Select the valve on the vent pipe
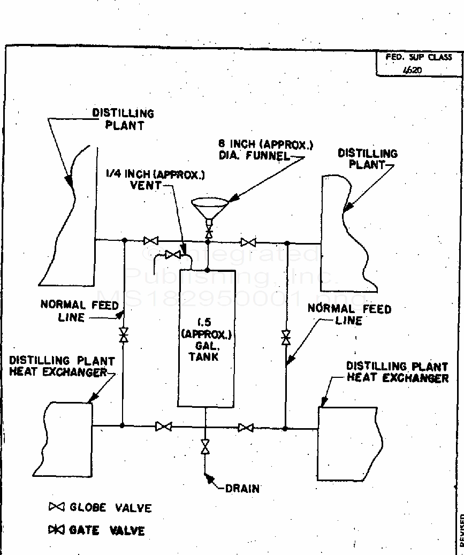click(x=173, y=255)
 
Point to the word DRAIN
click(x=242, y=488)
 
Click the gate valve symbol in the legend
click(x=56, y=530)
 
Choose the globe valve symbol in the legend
click(x=56, y=507)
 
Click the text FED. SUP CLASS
click(x=419, y=57)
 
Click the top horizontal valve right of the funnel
click(x=248, y=242)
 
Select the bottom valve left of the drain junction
click(x=163, y=427)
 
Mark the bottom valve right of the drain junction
click(x=246, y=428)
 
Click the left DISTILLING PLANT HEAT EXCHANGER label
click(x=62, y=367)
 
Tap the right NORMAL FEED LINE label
click(x=349, y=315)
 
